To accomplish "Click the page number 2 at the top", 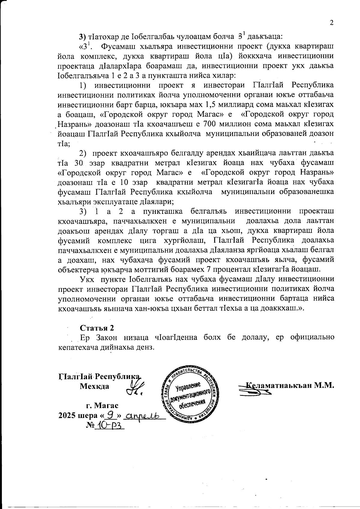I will (331, 23).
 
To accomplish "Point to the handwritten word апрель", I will (145, 416).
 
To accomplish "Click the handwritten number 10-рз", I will (109, 426).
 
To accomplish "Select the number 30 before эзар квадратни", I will (79, 163).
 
